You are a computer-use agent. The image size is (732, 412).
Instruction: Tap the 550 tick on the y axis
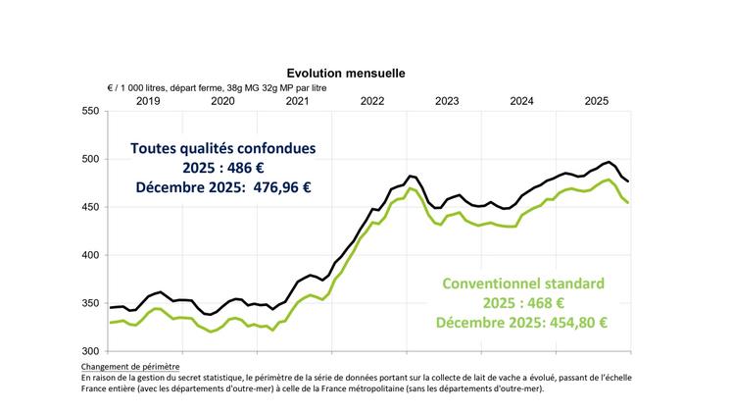(91, 111)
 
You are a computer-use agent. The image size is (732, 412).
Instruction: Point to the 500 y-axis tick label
(91, 159)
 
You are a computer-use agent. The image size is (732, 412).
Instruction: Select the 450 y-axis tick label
(91, 207)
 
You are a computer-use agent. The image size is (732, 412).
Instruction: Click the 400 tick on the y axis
(91, 255)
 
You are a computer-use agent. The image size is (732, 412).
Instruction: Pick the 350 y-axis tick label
(91, 303)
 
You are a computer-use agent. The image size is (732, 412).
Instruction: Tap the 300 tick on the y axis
(91, 351)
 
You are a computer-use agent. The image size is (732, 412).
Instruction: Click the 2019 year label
(148, 101)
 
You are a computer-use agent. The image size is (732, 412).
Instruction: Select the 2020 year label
(222, 101)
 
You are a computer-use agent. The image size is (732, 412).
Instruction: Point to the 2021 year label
(297, 101)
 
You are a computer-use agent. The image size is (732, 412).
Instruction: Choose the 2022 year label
(372, 101)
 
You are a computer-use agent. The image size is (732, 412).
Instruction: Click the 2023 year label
(447, 101)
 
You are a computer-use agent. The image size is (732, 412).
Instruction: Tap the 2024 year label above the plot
(521, 101)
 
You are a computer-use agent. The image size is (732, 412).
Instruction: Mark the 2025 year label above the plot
(597, 101)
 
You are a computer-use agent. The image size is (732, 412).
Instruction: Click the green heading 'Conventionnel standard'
(523, 283)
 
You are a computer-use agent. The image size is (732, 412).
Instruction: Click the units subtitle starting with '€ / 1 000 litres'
(216, 87)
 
